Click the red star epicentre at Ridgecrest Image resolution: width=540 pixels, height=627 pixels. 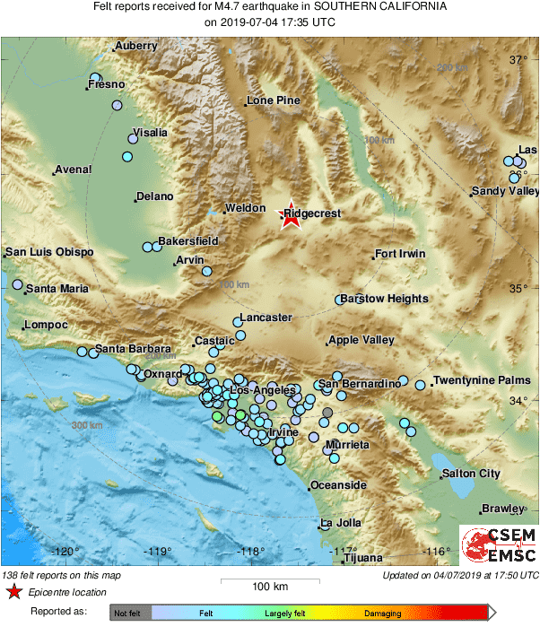[290, 217]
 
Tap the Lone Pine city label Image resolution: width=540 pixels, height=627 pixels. [274, 100]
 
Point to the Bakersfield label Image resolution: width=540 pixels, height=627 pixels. [188, 241]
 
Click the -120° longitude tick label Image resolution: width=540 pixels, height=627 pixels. [65, 552]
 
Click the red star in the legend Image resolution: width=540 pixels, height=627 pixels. [13, 592]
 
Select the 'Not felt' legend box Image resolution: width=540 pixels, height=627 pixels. [125, 614]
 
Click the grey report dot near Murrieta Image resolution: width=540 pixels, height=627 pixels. [327, 413]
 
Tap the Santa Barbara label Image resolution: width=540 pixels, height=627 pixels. [133, 348]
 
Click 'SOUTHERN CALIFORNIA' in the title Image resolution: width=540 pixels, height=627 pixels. [387, 6]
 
